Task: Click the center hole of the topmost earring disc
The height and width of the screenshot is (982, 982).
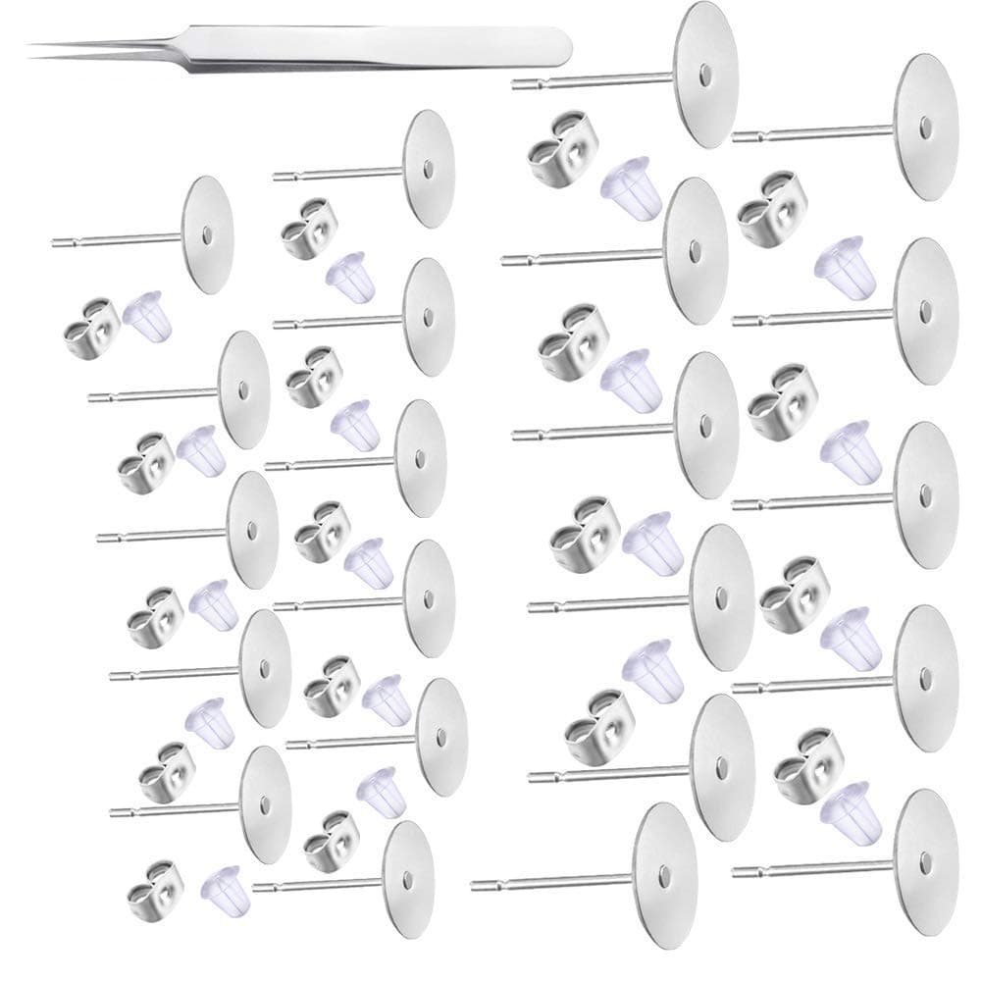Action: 706,74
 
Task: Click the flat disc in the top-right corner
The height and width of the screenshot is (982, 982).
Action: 926,127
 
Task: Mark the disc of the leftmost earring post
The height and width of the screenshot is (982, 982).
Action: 207,234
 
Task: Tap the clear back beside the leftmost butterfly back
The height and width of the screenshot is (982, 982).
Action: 148,314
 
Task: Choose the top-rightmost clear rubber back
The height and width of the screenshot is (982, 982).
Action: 840,266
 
